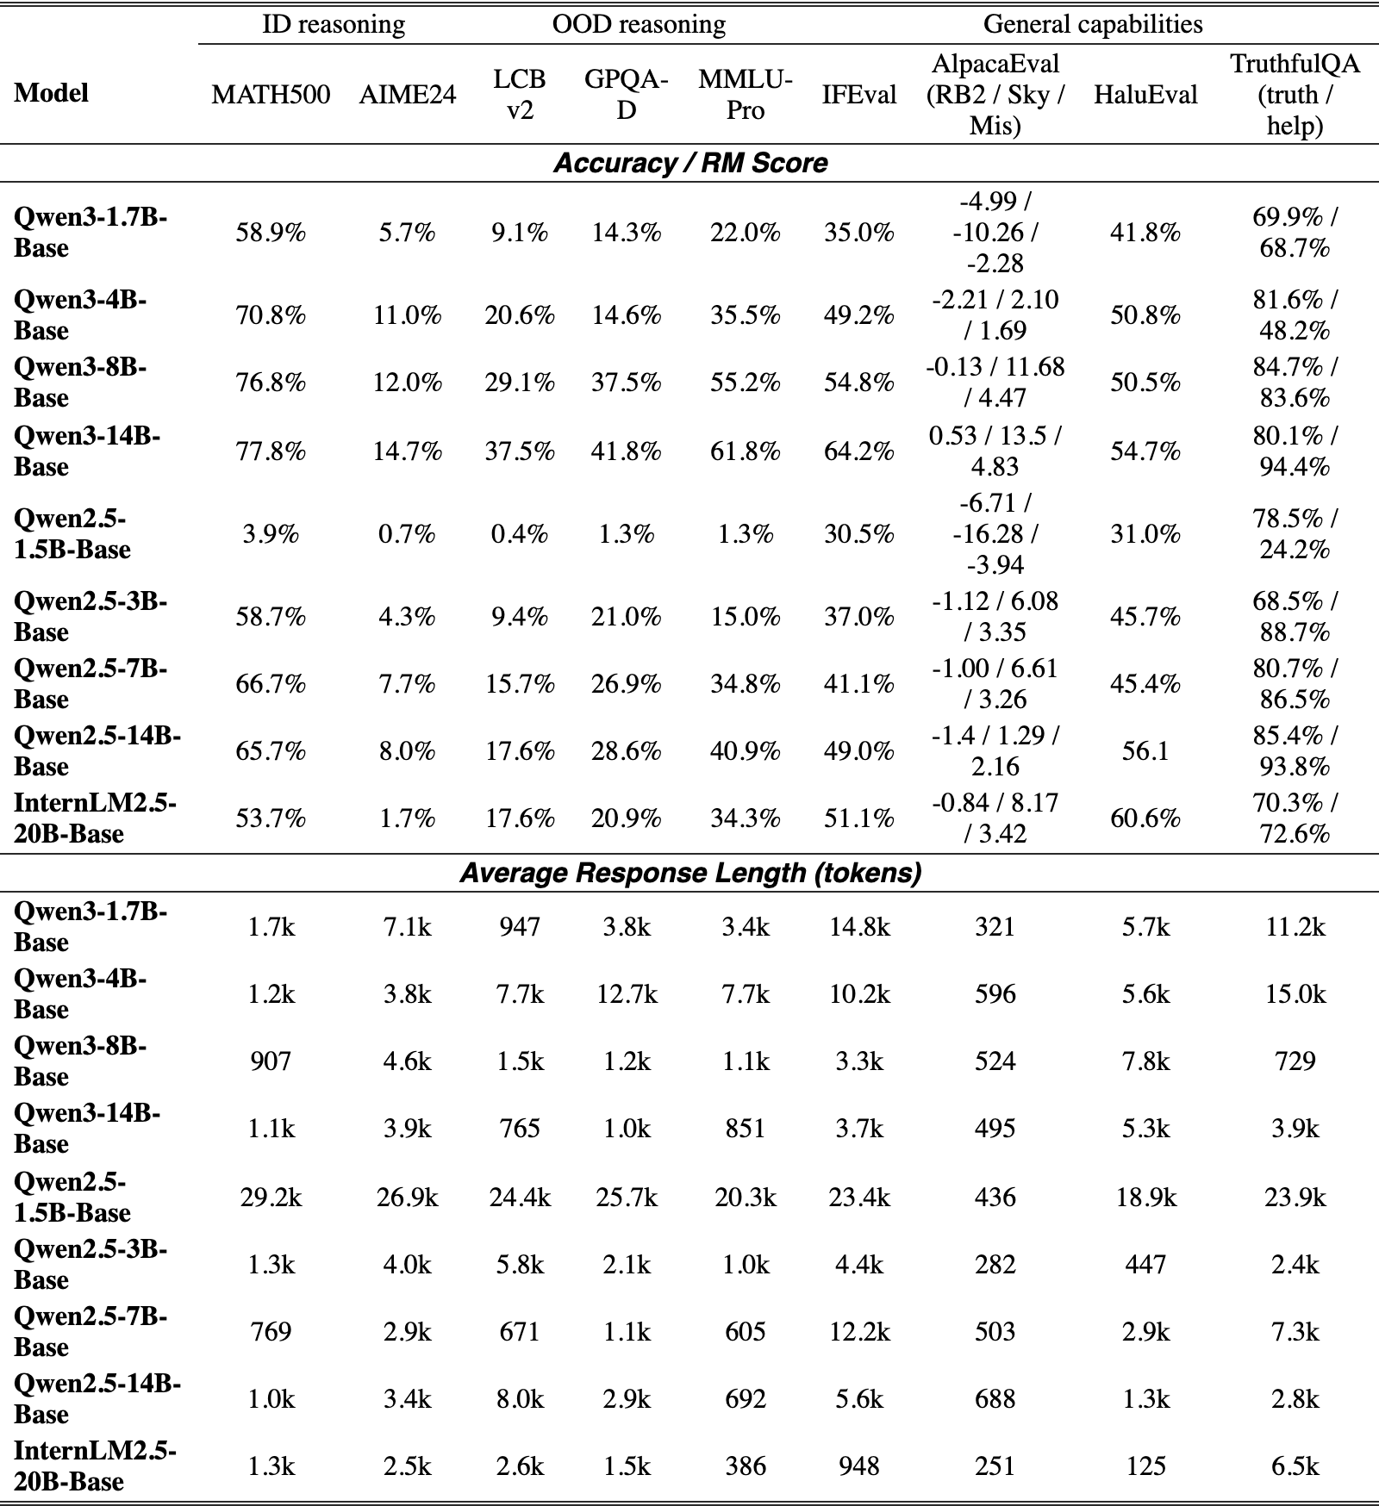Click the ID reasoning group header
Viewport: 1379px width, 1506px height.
[334, 24]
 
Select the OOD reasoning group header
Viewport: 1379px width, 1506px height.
[639, 24]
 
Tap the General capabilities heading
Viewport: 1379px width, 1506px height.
[1093, 24]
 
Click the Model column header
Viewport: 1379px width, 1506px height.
[51, 93]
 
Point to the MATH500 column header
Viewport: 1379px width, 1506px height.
[271, 95]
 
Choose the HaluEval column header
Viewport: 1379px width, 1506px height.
[1145, 95]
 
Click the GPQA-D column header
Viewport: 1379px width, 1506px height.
[627, 95]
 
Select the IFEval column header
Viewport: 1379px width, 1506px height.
[858, 95]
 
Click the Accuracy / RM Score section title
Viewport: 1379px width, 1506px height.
[690, 163]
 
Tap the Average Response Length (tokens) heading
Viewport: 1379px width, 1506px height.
[690, 873]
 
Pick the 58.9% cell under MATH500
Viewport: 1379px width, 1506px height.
[271, 233]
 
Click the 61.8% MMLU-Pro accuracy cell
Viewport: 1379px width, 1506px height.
[746, 451]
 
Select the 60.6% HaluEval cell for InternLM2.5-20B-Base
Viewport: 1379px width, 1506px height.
[1145, 818]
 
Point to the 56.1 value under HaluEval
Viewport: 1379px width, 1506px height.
[1145, 751]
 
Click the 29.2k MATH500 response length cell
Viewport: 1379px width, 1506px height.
[271, 1198]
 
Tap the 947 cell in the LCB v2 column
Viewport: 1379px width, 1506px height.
[520, 927]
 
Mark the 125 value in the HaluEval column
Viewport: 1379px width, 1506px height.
[1145, 1466]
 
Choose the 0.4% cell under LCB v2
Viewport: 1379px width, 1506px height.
[520, 534]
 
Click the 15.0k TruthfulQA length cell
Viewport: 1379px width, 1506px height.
[1295, 994]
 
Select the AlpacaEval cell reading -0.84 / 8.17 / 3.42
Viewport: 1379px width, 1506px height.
[995, 818]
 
